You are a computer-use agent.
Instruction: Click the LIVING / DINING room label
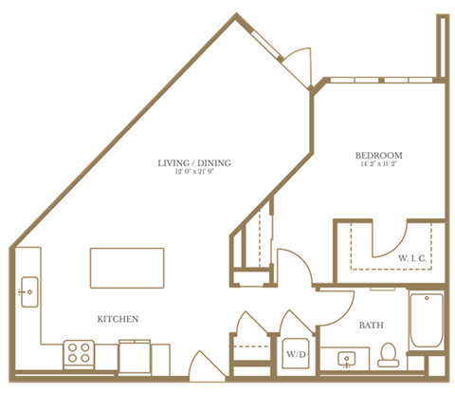tap(193, 161)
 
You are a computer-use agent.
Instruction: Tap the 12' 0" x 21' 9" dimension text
tap(193, 173)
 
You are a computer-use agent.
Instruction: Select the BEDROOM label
tap(379, 155)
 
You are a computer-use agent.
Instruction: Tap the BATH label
tap(371, 325)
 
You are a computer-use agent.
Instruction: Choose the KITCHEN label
tap(119, 318)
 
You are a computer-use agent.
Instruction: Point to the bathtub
tap(427, 326)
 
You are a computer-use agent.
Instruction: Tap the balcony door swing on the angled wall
tap(300, 63)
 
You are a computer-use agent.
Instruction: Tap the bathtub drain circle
tap(427, 303)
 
